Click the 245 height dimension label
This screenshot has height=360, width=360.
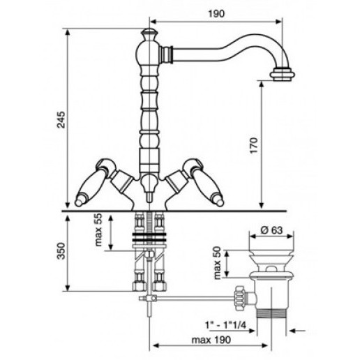pyautogui.click(x=61, y=120)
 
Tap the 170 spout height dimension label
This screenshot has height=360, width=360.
pyautogui.click(x=254, y=146)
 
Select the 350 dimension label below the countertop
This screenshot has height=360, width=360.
pyautogui.click(x=61, y=251)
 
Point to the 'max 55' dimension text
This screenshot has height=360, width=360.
pyautogui.click(x=98, y=230)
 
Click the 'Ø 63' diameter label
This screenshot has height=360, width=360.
pyautogui.click(x=271, y=230)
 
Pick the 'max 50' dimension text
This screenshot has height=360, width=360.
pyautogui.click(x=217, y=263)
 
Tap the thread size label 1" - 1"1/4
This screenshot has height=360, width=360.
pyautogui.click(x=225, y=325)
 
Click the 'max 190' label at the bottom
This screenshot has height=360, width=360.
pyautogui.click(x=211, y=340)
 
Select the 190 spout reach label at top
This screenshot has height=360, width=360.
pyautogui.click(x=216, y=14)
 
